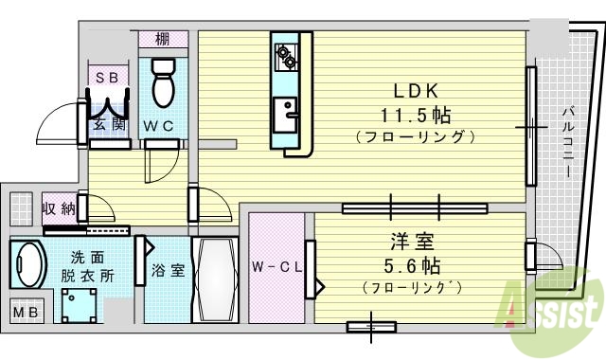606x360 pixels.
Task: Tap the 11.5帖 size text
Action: pyautogui.click(x=415, y=116)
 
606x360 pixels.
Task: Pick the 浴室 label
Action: pyautogui.click(x=168, y=270)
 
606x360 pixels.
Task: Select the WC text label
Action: pyautogui.click(x=158, y=125)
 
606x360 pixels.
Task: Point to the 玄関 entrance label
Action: pyautogui.click(x=107, y=124)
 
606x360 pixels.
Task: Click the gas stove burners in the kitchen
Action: pyautogui.click(x=286, y=56)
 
